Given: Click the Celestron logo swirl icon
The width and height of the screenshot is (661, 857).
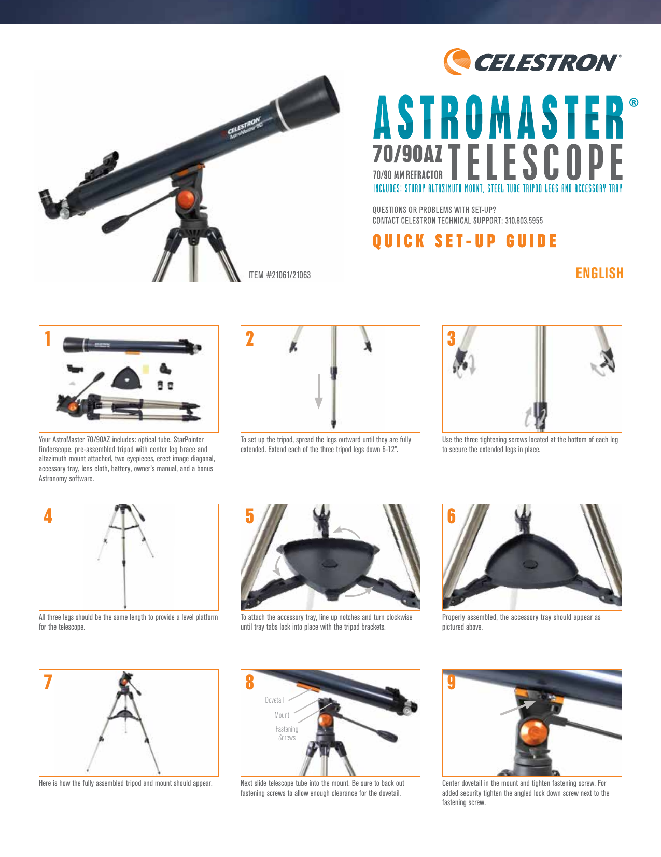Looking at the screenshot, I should [456, 61].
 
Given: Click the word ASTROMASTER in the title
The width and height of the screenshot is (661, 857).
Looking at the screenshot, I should [498, 118].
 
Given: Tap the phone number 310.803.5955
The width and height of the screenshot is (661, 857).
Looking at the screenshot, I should [524, 221].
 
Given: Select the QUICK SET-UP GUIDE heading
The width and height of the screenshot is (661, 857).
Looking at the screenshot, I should [465, 241].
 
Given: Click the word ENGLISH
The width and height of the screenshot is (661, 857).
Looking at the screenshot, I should [599, 273].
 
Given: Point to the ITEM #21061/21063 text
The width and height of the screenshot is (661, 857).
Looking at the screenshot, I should [279, 275].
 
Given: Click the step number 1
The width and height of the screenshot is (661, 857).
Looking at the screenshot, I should [48, 338].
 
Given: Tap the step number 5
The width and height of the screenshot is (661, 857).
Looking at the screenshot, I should [250, 516].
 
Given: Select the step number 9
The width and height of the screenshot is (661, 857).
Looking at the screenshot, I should [452, 682].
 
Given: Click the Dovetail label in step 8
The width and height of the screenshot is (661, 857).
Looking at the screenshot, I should [274, 700].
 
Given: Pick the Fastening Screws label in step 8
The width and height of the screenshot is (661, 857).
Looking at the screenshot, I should [287, 733].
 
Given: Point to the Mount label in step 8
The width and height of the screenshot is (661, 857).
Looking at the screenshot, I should [282, 715].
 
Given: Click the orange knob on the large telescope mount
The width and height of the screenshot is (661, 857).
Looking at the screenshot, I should [186, 199].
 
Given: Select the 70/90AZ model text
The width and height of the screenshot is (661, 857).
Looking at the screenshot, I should [407, 154].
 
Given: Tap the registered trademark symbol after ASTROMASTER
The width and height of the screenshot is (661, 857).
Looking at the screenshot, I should [634, 102].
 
